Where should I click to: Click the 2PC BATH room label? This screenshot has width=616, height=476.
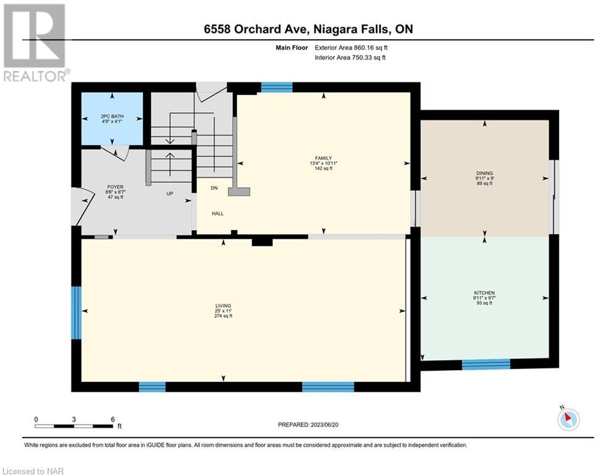click(112, 117)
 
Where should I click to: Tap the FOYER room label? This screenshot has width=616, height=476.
click(116, 187)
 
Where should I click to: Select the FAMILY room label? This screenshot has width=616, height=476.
click(323, 158)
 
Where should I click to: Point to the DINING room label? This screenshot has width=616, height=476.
click(484, 173)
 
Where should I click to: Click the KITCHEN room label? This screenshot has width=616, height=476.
click(484, 293)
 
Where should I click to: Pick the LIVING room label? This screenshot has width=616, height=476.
click(223, 306)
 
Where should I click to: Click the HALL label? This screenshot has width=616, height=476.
click(218, 214)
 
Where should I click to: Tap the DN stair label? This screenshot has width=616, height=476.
click(214, 188)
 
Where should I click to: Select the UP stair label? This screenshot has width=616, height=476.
click(170, 193)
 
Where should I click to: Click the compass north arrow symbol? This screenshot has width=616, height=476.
click(568, 418)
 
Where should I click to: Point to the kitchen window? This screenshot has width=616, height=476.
click(486, 364)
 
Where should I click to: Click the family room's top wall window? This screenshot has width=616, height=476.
click(277, 87)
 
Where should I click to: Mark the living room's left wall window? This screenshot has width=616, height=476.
click(76, 313)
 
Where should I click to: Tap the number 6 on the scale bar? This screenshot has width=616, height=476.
click(113, 420)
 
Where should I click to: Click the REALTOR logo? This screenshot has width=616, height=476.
click(35, 43)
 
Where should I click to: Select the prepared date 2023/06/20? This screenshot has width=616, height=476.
click(324, 425)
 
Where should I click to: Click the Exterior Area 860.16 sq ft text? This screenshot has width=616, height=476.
click(351, 48)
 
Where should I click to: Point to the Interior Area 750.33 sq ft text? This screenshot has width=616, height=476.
click(350, 58)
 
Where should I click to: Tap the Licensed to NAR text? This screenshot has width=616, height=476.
click(33, 471)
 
